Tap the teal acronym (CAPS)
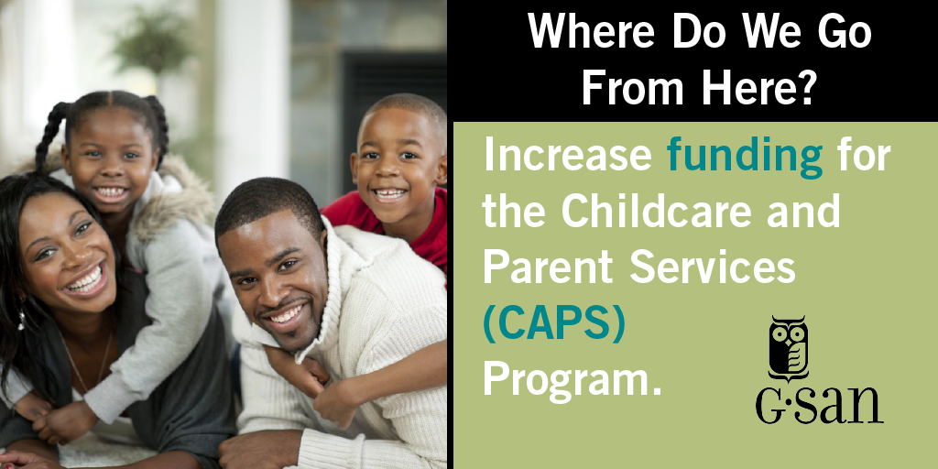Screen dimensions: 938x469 pos(554,324)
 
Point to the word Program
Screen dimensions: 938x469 pos(573,380)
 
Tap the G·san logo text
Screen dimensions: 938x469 pos(819,405)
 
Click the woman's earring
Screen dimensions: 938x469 pos(22,320)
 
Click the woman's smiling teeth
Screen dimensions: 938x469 pos(85,280)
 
